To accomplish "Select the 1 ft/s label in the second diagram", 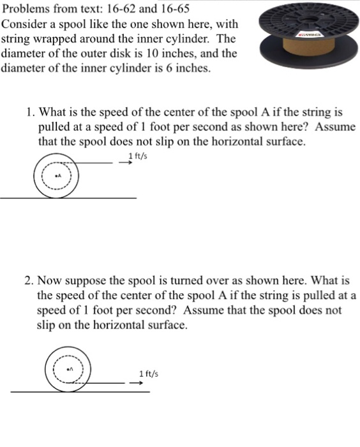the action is (x=148, y=374).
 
